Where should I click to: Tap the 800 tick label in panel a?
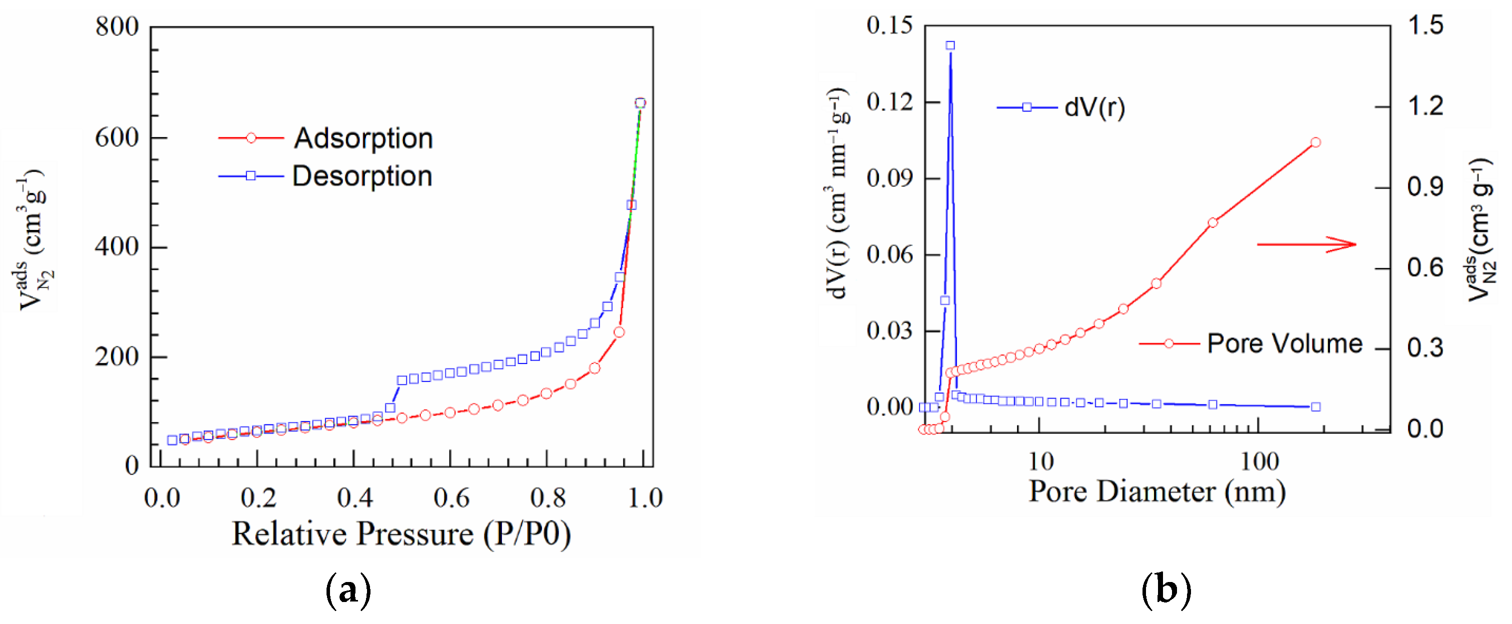click(117, 27)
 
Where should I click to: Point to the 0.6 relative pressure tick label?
click(451, 498)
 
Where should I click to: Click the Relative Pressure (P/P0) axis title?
click(401, 534)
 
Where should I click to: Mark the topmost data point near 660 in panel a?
click(640, 103)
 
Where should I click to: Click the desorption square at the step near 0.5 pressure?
click(402, 380)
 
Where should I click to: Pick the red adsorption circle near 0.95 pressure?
click(618, 332)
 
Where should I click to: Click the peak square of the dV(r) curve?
click(950, 45)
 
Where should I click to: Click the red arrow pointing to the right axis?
click(1306, 244)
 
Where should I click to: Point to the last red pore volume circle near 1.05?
click(1315, 142)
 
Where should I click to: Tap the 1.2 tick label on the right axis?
click(1424, 106)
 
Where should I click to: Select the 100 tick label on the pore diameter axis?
click(1259, 462)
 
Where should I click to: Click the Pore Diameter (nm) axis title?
click(1157, 491)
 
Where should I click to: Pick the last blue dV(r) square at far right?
click(1315, 407)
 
